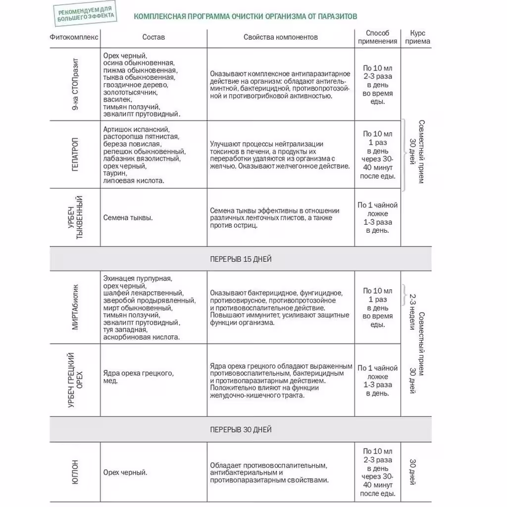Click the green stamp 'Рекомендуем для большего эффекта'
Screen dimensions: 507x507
85,14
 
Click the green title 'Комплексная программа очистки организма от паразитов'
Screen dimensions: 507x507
245,16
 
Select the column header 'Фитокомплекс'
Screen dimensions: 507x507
74,37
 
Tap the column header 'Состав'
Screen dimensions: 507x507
153,37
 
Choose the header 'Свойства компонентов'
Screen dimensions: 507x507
281,37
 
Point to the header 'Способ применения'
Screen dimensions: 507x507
378,37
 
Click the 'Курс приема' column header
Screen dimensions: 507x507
417,37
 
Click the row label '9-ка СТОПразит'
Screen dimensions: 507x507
75,84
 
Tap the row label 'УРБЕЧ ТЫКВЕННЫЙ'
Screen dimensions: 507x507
75,218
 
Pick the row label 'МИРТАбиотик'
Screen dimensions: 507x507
75,306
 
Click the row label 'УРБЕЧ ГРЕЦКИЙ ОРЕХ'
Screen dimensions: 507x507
75,380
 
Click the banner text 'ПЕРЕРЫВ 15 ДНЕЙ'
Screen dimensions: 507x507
241,259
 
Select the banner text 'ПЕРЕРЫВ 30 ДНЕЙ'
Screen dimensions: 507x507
241,430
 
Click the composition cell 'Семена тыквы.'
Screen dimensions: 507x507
128,217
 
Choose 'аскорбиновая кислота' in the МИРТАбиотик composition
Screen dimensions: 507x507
141,337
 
